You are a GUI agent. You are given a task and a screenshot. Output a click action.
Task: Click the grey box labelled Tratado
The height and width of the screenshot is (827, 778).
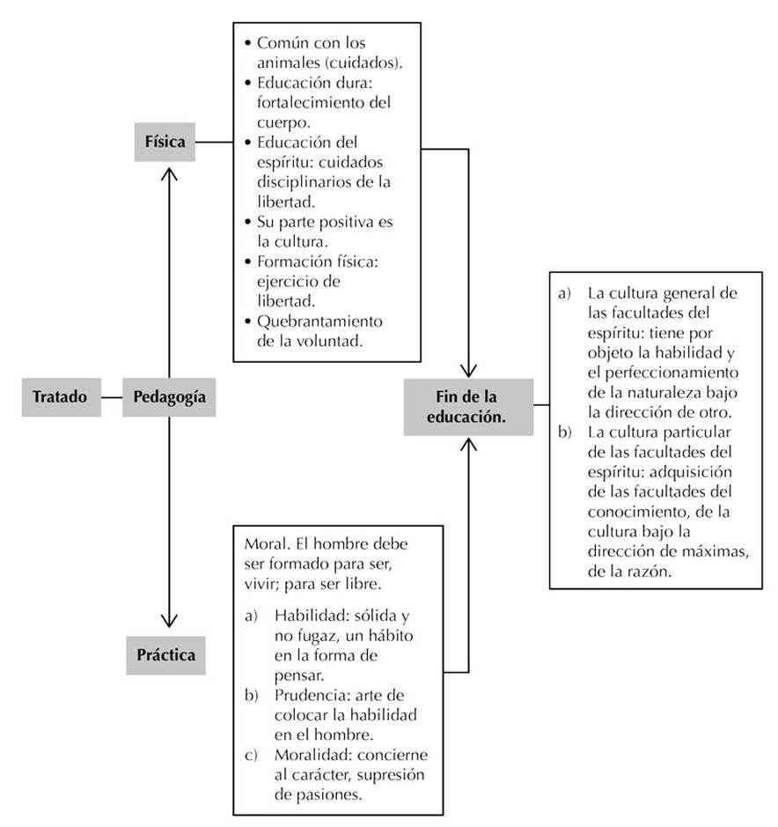point(60,397)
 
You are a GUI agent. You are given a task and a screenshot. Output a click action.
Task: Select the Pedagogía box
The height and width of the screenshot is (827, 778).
point(169,397)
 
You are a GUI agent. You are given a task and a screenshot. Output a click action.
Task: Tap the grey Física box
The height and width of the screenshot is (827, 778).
point(165,142)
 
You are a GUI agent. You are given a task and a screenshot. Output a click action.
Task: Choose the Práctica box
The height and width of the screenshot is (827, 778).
point(166,654)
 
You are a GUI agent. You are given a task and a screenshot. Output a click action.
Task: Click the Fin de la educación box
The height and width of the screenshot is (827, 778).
point(467,407)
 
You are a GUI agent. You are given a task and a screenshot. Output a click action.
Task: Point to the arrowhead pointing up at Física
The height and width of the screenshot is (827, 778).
point(168,174)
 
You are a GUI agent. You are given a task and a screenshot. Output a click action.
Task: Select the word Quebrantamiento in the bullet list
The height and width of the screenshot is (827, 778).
point(320,321)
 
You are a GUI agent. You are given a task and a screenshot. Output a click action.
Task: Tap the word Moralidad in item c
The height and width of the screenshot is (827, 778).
point(311,757)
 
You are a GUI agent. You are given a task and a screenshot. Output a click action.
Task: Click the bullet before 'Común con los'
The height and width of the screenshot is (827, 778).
point(250,42)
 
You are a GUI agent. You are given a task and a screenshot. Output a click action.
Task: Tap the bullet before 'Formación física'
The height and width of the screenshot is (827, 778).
point(250,262)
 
